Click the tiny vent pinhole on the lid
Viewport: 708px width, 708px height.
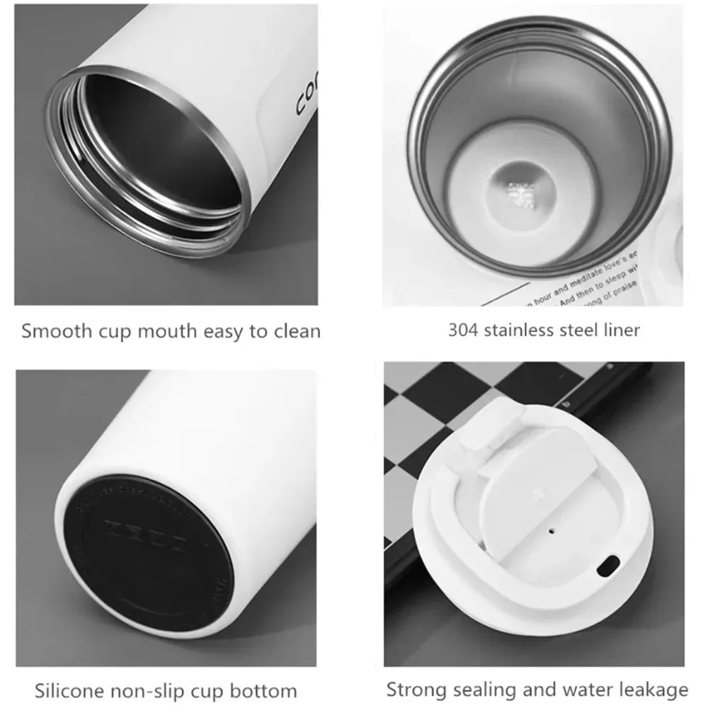pyautogui.click(x=551, y=528)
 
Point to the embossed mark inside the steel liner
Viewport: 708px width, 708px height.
pyautogui.click(x=518, y=191)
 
